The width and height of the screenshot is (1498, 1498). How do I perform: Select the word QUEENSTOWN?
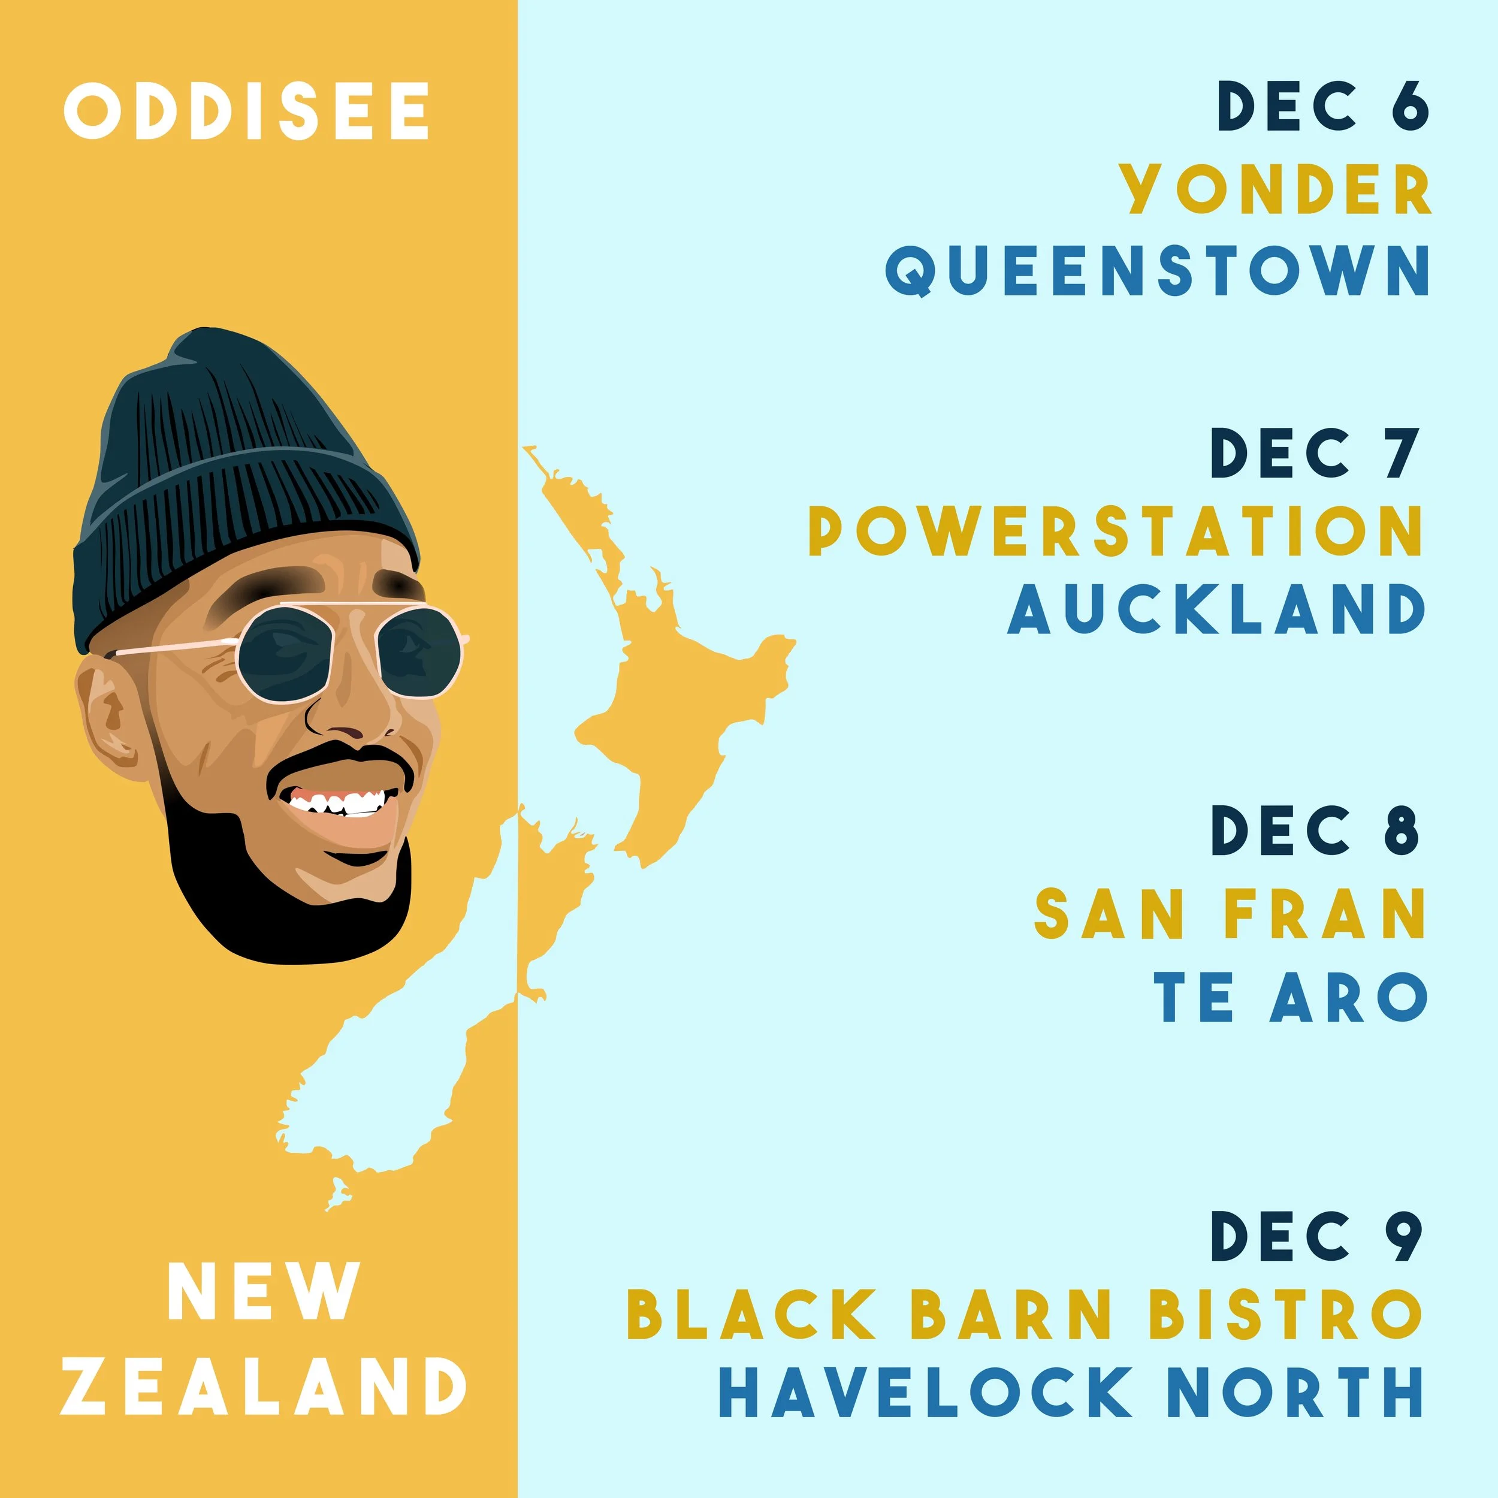1157,271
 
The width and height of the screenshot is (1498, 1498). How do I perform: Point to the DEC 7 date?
1316,454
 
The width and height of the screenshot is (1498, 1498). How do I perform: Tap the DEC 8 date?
1316,830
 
